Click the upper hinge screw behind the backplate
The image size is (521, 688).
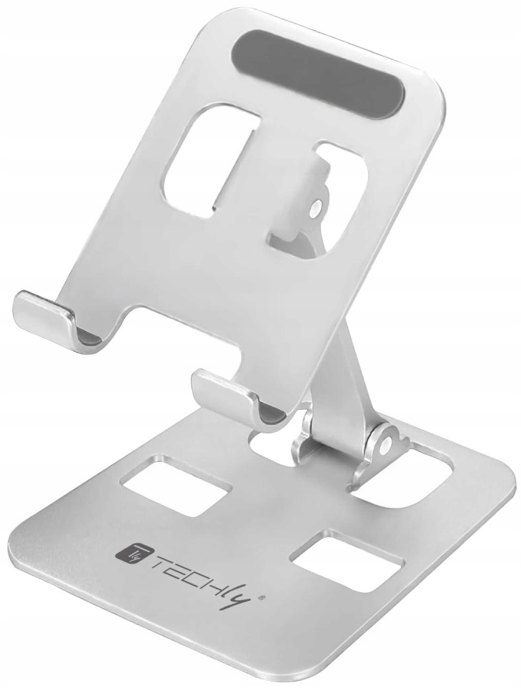click(x=315, y=210)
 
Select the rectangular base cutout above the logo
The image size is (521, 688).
click(x=175, y=485)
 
